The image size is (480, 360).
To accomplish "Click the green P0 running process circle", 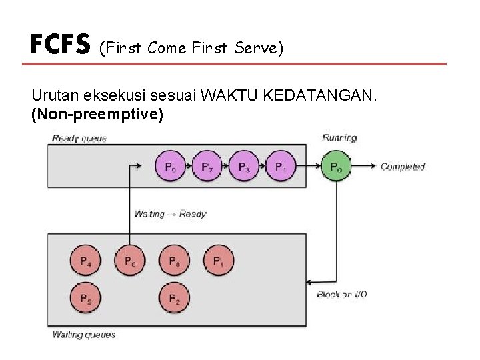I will [336, 167].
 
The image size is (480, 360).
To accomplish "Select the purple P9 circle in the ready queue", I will [171, 167].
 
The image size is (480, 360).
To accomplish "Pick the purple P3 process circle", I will [245, 167].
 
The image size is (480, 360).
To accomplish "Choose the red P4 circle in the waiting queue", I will [86, 262].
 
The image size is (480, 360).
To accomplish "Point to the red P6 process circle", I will [130, 262].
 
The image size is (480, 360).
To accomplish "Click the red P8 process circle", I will [174, 262].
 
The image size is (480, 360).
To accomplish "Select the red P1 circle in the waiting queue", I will [219, 262].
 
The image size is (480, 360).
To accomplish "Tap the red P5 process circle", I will [86, 299].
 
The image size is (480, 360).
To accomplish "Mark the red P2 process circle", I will [174, 299].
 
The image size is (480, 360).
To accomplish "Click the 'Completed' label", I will [403, 167].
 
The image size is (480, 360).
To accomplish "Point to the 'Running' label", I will [339, 138].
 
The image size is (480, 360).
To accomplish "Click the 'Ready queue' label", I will [79, 139].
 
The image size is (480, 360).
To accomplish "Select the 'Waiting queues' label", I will [84, 334].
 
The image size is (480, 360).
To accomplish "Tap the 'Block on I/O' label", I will [341, 294].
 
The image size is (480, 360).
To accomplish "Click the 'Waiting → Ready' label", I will [170, 214].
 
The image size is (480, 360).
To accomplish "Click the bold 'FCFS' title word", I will [59, 45].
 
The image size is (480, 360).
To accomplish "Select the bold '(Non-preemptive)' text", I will [97, 115].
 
